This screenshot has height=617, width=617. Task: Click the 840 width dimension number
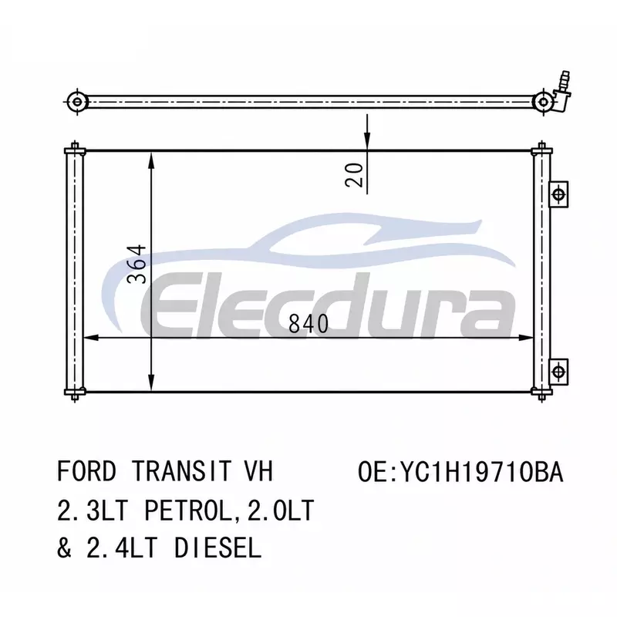click(308, 324)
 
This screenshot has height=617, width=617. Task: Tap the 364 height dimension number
click(137, 264)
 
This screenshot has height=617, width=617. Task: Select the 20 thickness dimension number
click(354, 175)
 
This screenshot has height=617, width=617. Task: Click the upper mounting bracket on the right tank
click(558, 194)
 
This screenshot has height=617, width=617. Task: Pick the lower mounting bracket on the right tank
click(558, 372)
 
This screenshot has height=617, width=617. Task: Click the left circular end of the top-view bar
click(77, 103)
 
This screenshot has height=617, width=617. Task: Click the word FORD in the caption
click(87, 471)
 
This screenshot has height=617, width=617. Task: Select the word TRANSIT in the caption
click(181, 471)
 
